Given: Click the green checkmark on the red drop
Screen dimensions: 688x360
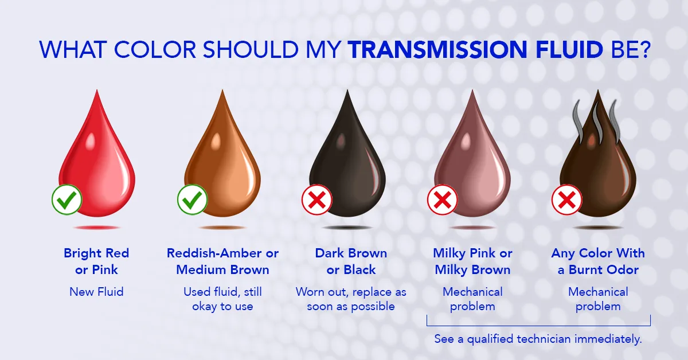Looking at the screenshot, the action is pos(67,199).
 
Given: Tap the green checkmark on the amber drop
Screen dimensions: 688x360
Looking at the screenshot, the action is pos(192,199).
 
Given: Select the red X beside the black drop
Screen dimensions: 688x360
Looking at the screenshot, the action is pos(316,199).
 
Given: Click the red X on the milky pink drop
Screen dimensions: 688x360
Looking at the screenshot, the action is pos(442,199).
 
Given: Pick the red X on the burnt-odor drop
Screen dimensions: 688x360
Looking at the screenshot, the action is pos(566,199).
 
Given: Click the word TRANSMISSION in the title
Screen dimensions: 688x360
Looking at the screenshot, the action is pos(437,49).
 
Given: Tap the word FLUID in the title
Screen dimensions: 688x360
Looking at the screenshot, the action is pos(569,49).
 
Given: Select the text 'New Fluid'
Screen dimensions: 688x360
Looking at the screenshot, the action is pos(96,292).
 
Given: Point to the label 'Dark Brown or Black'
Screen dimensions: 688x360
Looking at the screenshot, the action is pos(351,261).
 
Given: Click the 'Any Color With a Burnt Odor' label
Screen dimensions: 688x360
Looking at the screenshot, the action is pos(598,261).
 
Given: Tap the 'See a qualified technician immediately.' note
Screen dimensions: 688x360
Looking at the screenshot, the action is pos(538,339).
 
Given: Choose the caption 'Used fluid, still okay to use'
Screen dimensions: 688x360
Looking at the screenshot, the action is pos(222,299).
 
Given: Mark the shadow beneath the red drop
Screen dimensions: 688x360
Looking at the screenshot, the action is pos(96,228).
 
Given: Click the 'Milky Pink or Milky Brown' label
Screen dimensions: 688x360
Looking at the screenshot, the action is pos(472,261).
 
